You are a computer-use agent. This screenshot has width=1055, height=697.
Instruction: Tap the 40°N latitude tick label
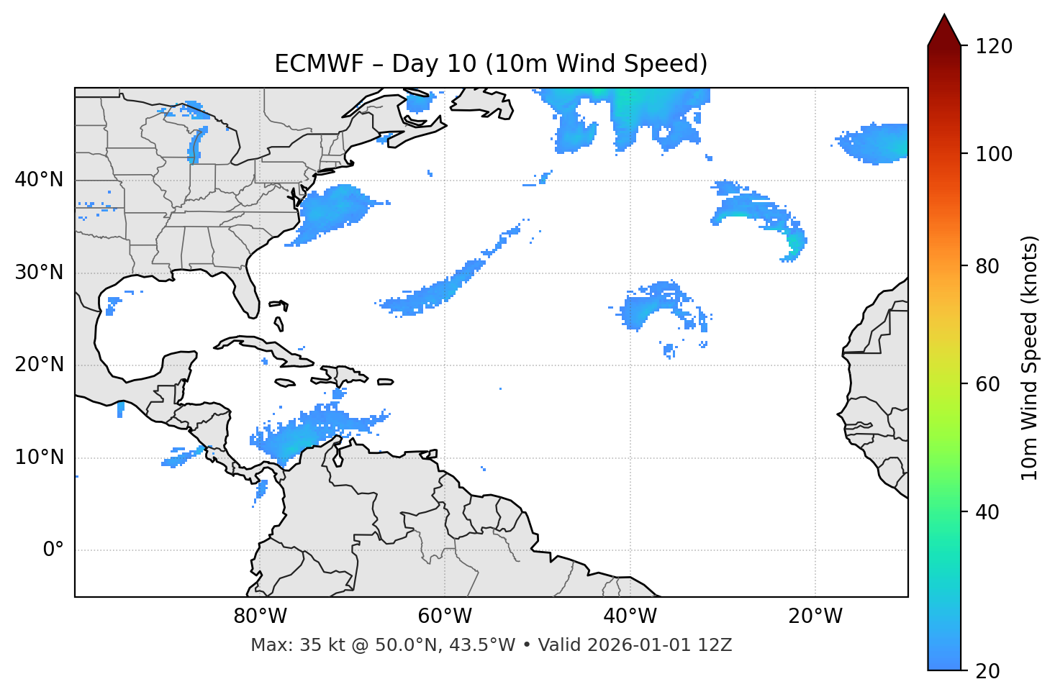pyautogui.click(x=39, y=180)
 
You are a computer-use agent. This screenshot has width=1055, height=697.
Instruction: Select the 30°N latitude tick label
pyautogui.click(x=39, y=273)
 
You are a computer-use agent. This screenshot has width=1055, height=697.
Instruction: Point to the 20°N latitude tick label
pyautogui.click(x=39, y=365)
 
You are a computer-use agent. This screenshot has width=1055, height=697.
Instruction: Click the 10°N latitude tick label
pyautogui.click(x=39, y=457)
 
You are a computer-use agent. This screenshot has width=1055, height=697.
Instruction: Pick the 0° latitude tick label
pyautogui.click(x=53, y=550)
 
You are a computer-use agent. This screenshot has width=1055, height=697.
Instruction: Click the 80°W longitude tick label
pyautogui.click(x=260, y=616)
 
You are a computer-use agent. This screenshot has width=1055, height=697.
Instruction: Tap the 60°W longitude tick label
pyautogui.click(x=445, y=616)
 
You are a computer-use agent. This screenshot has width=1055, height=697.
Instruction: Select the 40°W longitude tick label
pyautogui.click(x=630, y=616)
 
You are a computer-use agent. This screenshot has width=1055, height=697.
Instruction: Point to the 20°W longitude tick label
pyautogui.click(x=815, y=616)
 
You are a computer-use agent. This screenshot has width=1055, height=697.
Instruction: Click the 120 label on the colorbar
pyautogui.click(x=994, y=46)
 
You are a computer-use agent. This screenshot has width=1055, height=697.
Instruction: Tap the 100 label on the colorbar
pyautogui.click(x=994, y=154)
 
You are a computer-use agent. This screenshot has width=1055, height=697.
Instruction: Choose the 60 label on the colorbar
pyautogui.click(x=989, y=384)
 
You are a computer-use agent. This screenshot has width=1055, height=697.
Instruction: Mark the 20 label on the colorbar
pyautogui.click(x=989, y=670)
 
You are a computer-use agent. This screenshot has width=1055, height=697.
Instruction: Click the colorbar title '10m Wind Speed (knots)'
pyautogui.click(x=1030, y=357)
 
